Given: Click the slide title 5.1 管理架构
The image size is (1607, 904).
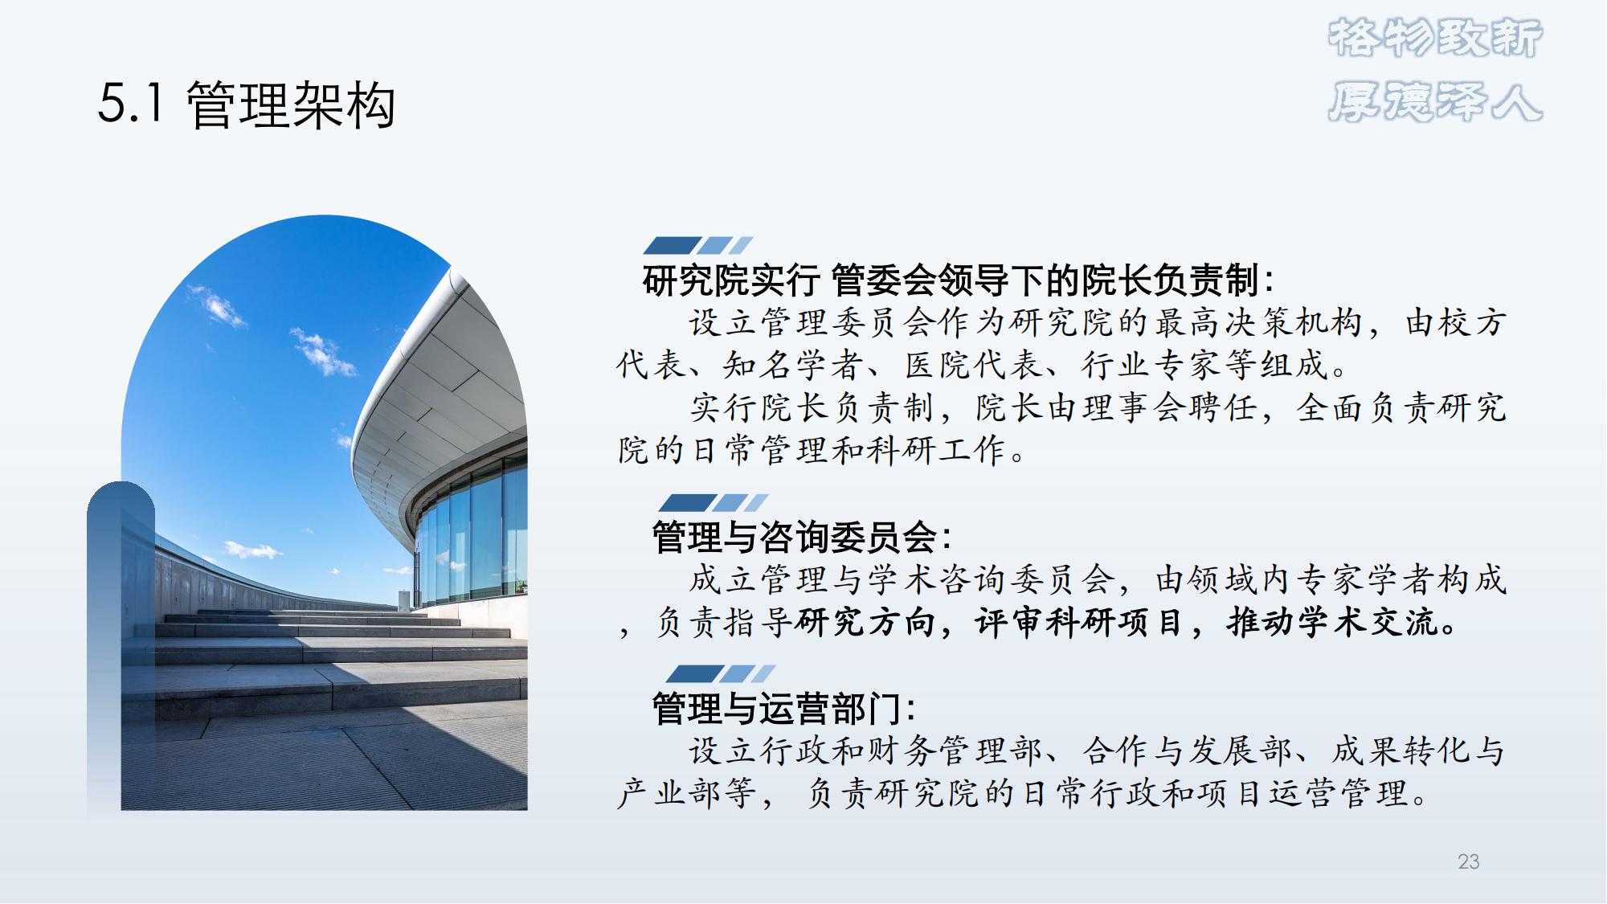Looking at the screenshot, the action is pos(247,105).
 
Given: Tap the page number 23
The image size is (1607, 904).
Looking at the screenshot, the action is pos(1468,861).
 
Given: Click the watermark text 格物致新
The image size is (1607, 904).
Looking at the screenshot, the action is pos(1435,39).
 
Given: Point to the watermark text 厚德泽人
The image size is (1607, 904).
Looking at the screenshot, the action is pos(1435,102).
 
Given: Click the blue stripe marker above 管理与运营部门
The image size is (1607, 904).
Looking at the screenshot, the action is pos(721,673).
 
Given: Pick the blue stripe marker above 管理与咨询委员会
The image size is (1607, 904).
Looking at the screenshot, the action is pos(713,503).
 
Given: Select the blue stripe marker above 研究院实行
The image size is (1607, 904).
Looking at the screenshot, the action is pos(698,245).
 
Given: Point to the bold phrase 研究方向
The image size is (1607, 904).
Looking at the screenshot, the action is pos(865,622).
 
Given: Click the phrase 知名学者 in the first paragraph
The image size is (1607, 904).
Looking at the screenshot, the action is pos(791,365).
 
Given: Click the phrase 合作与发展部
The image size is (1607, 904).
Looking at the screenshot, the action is pos(1187,751).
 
